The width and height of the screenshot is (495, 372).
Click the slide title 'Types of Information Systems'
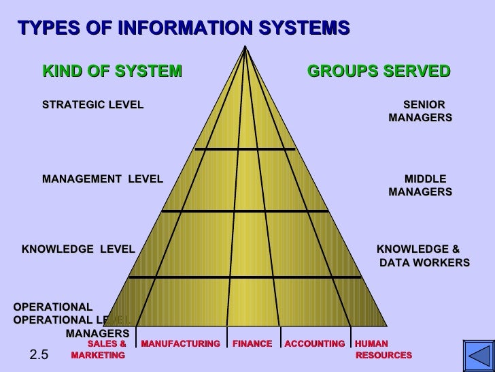coord(184,29)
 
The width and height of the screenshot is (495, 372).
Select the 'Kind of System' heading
coord(112,71)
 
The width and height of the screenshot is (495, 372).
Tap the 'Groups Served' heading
coord(379,71)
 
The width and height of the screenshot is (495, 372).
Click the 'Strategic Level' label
coord(92,105)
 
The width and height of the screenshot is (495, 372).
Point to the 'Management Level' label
coord(103,179)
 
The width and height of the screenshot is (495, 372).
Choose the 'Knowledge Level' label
coord(78,249)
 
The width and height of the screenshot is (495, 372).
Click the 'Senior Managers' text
coord(421,111)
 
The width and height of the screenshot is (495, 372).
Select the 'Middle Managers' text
coord(421,185)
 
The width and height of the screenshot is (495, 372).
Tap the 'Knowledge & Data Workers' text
coord(423,255)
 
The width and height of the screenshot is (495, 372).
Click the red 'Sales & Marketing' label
coord(99,350)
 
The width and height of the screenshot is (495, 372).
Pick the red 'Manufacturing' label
coord(180,344)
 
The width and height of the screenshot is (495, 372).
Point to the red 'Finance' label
coord(252,344)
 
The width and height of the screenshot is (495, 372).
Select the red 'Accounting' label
coord(315,344)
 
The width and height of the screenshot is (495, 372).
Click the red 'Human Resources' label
coord(383,350)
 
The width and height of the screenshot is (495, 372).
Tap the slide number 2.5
coord(39,354)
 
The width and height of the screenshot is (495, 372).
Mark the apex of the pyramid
coord(246,46)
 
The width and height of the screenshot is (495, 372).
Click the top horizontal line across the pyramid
coord(245,149)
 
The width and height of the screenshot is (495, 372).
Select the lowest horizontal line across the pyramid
coord(245,277)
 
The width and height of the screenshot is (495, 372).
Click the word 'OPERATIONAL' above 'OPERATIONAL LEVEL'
coord(53,307)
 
